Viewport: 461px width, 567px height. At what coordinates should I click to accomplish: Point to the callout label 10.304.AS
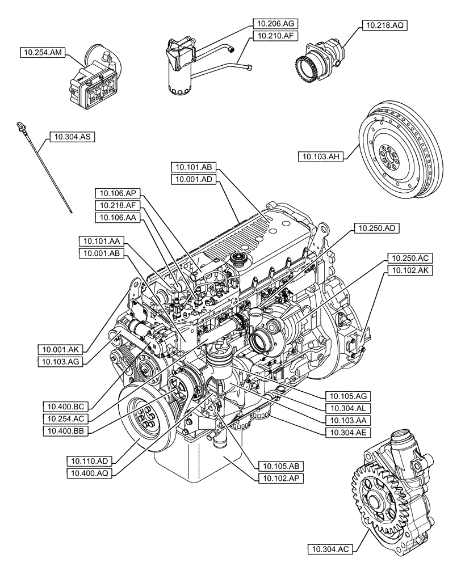coord(73,136)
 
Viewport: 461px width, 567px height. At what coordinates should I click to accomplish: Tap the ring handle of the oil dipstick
coord(20,124)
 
